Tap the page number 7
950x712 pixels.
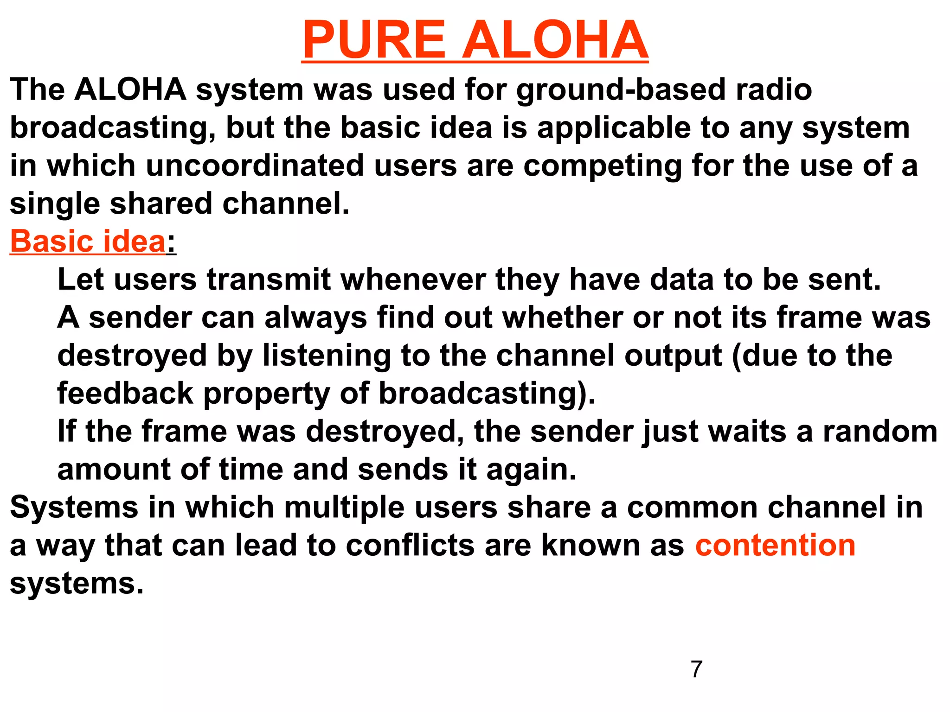696,669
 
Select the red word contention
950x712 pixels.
775,545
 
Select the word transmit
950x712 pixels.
269,280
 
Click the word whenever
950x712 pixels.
413,280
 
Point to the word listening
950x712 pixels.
327,356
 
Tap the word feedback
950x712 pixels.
125,393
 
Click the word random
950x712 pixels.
880,432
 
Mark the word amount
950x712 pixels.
114,469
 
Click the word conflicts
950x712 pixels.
410,545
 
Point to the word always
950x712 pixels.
315,318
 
